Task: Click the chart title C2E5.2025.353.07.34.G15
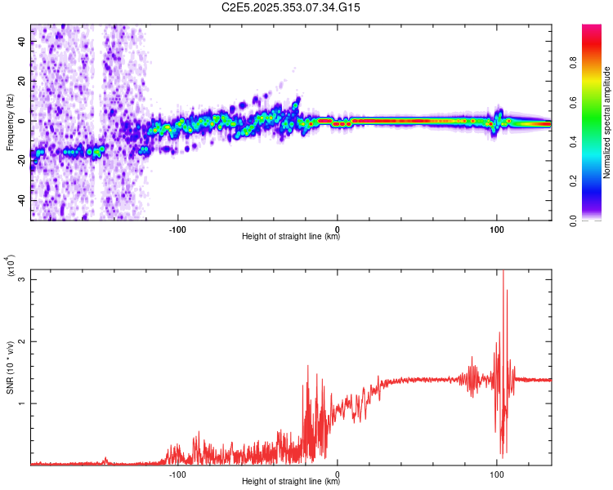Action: pyautogui.click(x=291, y=7)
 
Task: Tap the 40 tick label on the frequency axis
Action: pyautogui.click(x=22, y=42)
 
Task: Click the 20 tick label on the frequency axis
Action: pyautogui.click(x=22, y=82)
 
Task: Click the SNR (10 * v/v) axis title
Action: pyautogui.click(x=10, y=366)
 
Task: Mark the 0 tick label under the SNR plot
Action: pyautogui.click(x=338, y=473)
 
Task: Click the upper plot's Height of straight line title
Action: pyautogui.click(x=291, y=237)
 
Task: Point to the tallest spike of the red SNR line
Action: pyautogui.click(x=503, y=272)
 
